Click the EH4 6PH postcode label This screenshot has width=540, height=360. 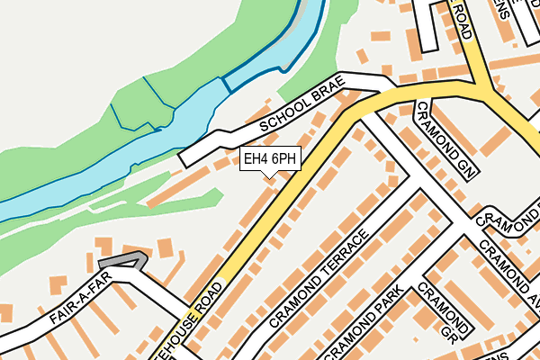[270, 159]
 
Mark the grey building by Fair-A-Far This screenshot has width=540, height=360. [122, 261]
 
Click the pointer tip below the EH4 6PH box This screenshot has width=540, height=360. [270, 177]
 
